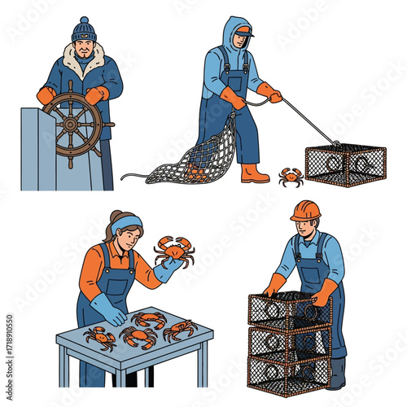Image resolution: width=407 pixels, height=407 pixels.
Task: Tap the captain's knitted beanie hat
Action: click(x=83, y=31)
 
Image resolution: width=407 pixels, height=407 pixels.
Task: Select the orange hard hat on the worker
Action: click(x=305, y=210)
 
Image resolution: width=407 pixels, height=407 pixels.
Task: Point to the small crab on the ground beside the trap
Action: click(x=291, y=176)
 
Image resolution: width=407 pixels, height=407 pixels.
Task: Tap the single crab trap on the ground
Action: click(x=344, y=165)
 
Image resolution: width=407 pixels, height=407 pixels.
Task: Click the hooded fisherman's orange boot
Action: click(x=254, y=173)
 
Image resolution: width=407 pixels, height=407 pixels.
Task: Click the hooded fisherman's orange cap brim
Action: click(x=243, y=33)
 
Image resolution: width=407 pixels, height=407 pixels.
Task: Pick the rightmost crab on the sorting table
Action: click(x=180, y=328)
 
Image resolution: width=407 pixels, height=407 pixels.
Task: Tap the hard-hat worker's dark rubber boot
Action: click(x=336, y=375)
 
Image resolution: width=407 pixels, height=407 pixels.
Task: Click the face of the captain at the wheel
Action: click(x=83, y=45)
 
